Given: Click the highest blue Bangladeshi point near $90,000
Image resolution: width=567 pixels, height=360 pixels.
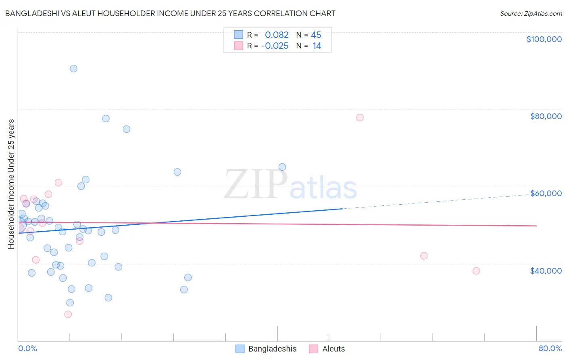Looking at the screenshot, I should (x=73, y=69).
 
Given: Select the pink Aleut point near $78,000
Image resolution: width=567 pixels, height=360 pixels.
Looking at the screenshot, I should (x=360, y=117).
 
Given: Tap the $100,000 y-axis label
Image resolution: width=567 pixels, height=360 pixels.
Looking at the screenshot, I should (x=544, y=39).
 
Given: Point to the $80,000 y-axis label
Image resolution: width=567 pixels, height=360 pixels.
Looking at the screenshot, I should (x=546, y=116).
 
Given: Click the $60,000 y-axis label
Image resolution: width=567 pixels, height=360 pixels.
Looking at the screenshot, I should (x=546, y=193).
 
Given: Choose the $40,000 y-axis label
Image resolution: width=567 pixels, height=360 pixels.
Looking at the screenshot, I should (x=546, y=271).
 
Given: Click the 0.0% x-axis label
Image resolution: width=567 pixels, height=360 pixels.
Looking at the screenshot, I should (x=27, y=348).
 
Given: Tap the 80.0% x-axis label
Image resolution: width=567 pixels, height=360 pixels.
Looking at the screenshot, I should (x=550, y=348).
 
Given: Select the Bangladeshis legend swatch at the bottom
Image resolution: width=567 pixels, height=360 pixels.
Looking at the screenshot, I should (x=240, y=349).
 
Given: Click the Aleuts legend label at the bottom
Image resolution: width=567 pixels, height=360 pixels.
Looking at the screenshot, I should (x=334, y=349).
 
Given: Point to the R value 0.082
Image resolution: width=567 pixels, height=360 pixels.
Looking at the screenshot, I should (x=277, y=35).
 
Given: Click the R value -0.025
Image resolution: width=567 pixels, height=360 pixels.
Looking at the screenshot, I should (x=275, y=46).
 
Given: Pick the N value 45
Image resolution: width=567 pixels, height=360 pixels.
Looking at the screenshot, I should (x=316, y=35).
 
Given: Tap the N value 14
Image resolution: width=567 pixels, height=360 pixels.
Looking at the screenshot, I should (x=317, y=46).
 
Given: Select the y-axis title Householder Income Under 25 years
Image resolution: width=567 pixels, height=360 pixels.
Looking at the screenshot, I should (x=11, y=184).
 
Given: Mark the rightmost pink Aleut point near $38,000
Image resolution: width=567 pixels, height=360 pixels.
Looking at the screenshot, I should (x=476, y=271).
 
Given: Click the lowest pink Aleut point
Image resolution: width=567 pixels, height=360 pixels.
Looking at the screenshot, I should (x=68, y=314).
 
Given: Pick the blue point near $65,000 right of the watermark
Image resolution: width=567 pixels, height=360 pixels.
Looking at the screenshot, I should (x=282, y=167).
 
